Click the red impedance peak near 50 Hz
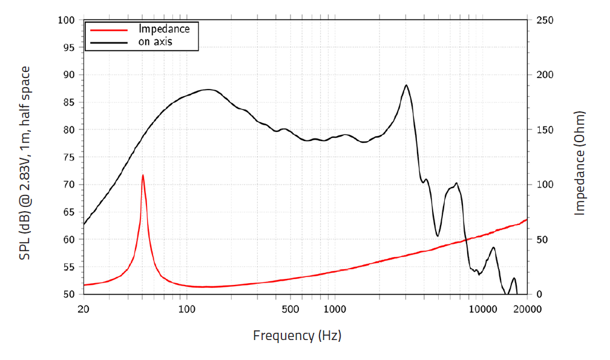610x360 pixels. point(143,175)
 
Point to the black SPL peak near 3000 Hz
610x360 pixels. point(406,85)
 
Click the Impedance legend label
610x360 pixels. point(164,28)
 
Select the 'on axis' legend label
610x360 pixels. point(156,42)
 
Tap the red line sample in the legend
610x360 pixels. point(109,29)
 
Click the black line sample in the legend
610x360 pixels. point(109,42)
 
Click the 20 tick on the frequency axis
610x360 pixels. point(84,309)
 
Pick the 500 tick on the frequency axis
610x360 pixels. point(291,309)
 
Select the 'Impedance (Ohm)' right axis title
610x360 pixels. point(580,163)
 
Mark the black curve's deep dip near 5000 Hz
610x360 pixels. point(438,235)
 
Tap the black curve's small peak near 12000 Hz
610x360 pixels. point(494,247)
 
